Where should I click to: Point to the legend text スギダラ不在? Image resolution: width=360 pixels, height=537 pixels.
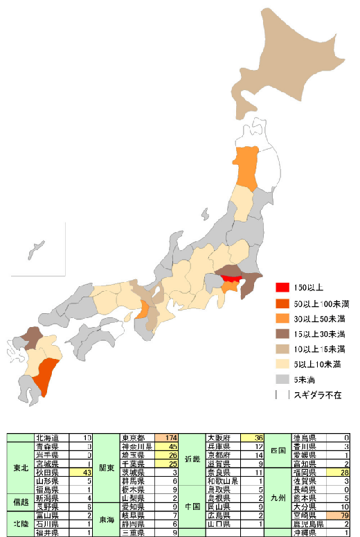pos(315,394)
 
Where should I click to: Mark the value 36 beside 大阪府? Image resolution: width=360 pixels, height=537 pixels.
pos(255,438)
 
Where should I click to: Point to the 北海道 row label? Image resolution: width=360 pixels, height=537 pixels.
pos(51,438)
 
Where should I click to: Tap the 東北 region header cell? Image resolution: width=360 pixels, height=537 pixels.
pos(21,468)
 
